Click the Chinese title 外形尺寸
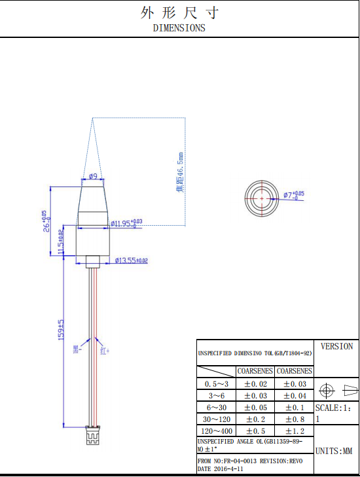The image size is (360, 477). click(x=179, y=12)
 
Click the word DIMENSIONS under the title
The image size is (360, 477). click(x=179, y=28)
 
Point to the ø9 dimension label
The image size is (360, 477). click(x=93, y=177)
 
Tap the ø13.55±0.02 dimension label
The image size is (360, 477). click(x=131, y=260)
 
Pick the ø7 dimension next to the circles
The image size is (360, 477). click(x=294, y=195)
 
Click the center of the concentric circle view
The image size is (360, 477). click(x=262, y=196)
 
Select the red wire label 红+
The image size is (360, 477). click(x=104, y=351)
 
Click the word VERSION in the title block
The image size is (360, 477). click(x=336, y=346)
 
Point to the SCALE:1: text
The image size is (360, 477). click(x=336, y=408)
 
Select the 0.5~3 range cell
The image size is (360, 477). click(x=217, y=384)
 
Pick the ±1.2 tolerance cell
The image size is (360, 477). click(x=295, y=431)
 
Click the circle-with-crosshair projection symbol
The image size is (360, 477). click(x=327, y=391)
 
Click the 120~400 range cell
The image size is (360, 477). click(x=217, y=431)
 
